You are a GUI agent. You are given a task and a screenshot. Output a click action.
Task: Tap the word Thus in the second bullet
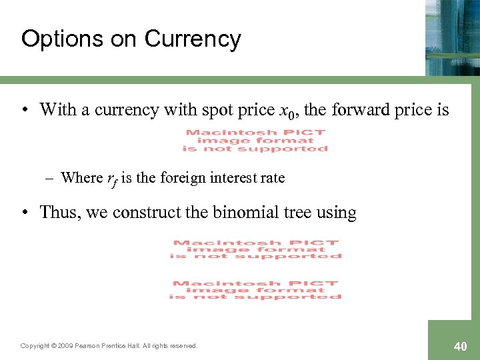(x=56, y=213)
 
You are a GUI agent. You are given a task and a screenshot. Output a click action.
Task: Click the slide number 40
(x=460, y=347)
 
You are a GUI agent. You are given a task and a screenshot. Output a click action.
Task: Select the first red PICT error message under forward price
(x=257, y=141)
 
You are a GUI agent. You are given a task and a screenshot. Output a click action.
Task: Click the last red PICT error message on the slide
(x=256, y=290)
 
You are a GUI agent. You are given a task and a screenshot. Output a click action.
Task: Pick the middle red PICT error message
(x=256, y=249)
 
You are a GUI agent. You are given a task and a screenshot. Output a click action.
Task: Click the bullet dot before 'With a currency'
(x=25, y=110)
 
